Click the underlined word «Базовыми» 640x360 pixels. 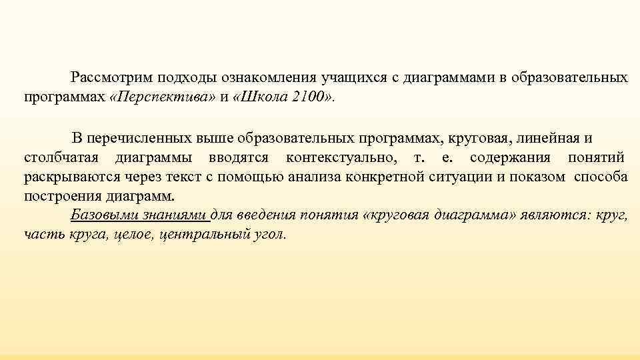(x=98, y=216)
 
